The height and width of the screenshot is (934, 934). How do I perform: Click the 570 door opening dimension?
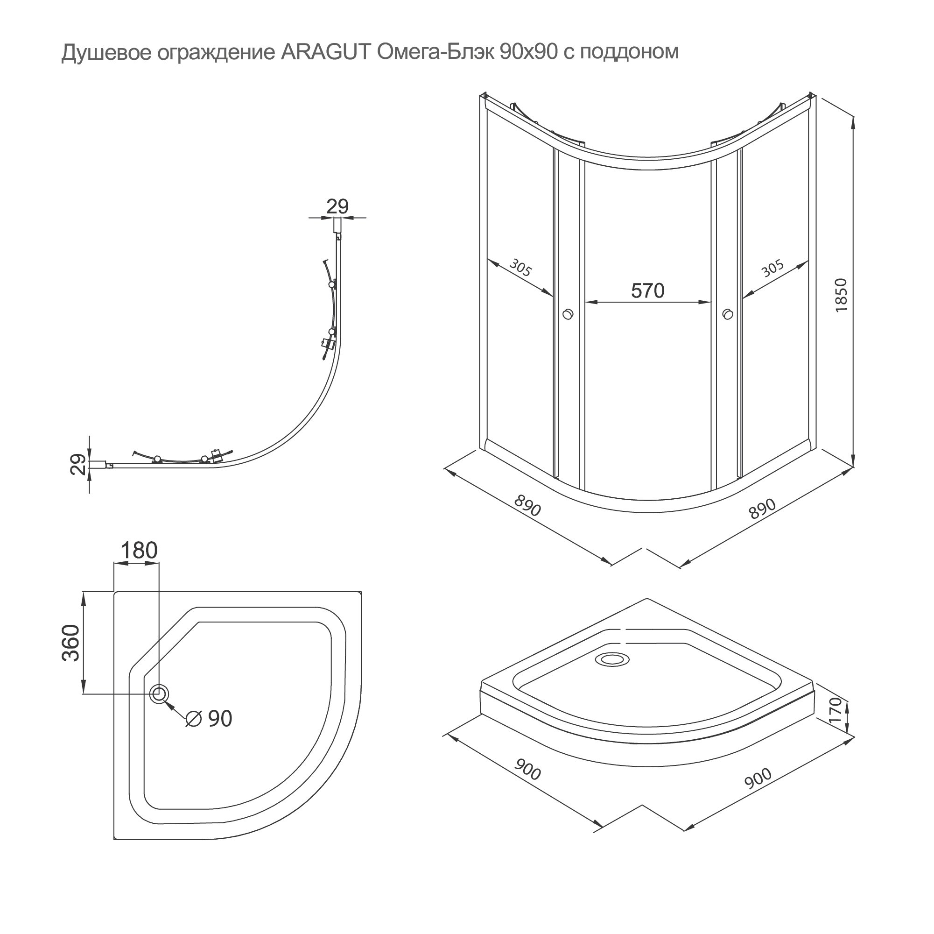pyautogui.click(x=647, y=290)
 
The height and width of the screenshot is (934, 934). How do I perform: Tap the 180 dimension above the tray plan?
pyautogui.click(x=139, y=551)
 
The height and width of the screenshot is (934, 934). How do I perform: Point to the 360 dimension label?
pyautogui.click(x=71, y=643)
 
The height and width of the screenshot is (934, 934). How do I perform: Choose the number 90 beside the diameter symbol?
pyautogui.click(x=220, y=719)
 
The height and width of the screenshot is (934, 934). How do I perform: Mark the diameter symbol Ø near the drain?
pyautogui.click(x=193, y=719)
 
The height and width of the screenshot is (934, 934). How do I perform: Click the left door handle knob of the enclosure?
pyautogui.click(x=568, y=314)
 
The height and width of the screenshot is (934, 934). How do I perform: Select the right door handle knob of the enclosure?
pyautogui.click(x=727, y=314)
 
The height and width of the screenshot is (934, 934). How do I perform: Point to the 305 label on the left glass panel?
pyautogui.click(x=520, y=268)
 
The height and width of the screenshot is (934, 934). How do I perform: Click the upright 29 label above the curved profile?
pyautogui.click(x=337, y=206)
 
